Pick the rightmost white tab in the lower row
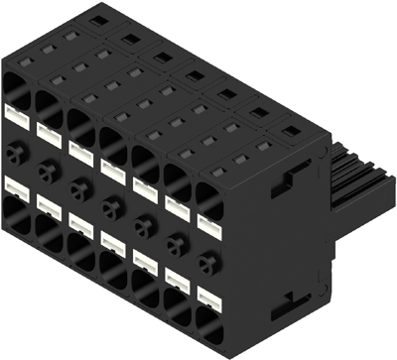click(x=208, y=297)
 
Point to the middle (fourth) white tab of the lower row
click(x=113, y=241)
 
